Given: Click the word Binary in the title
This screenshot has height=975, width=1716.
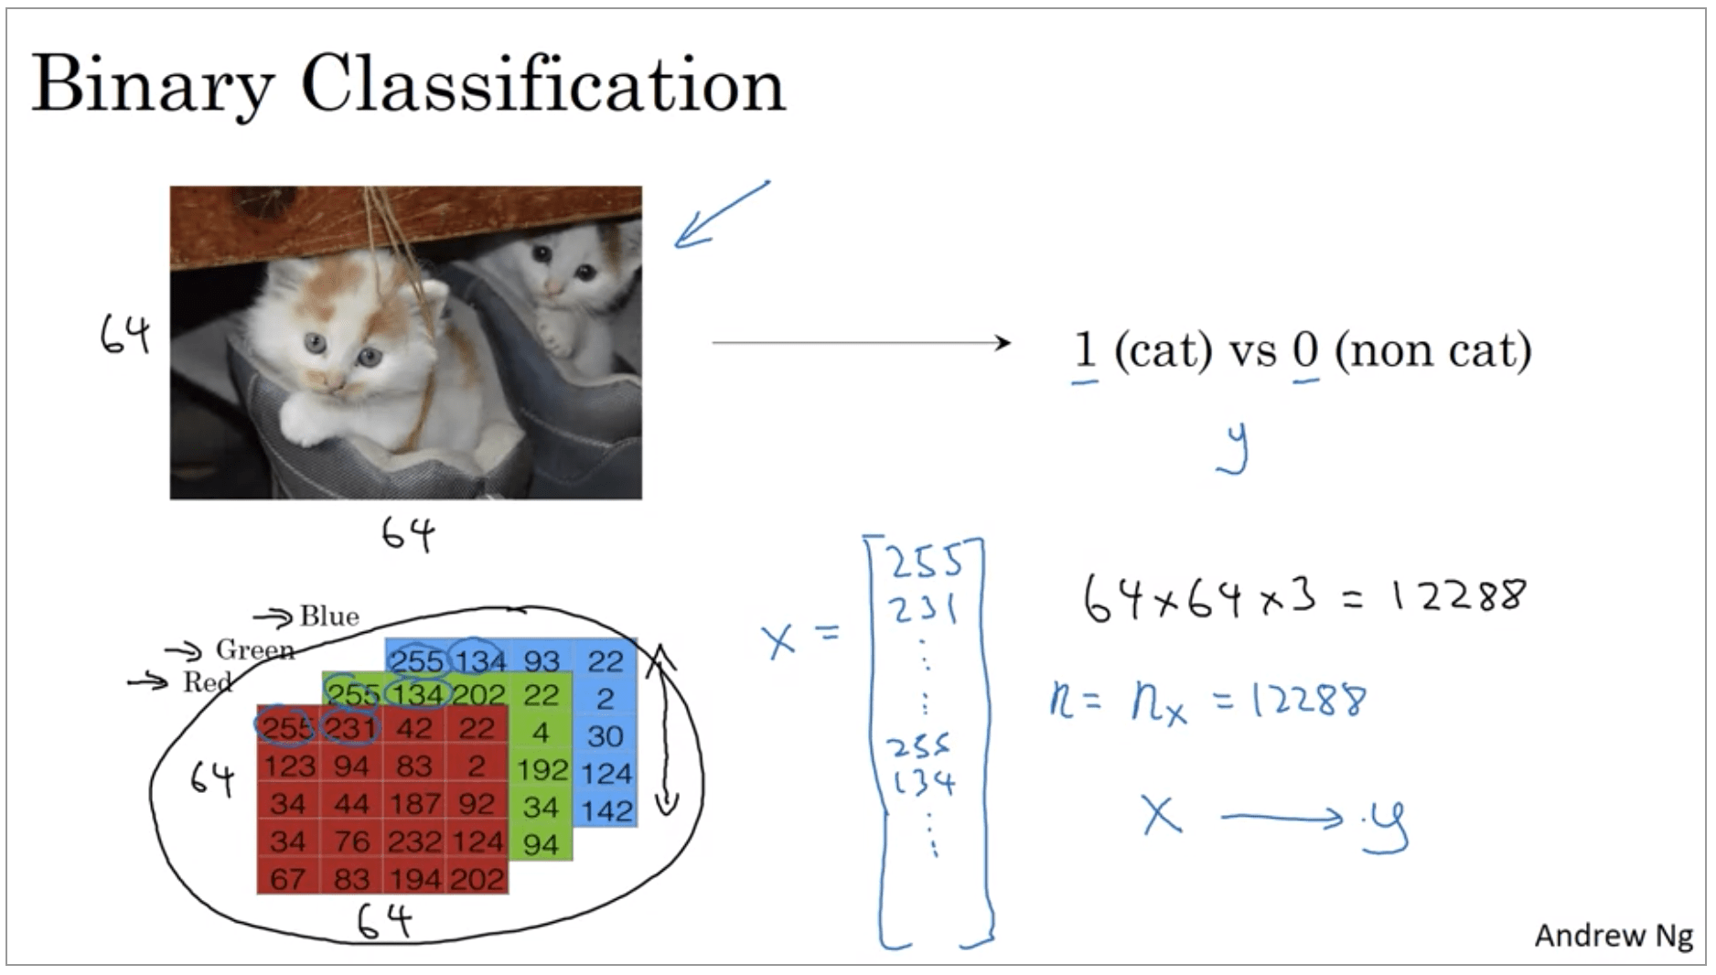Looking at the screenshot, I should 152,85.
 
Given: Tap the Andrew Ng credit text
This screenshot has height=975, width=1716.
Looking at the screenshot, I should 1613,936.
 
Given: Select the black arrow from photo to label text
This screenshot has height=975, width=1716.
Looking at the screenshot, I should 860,343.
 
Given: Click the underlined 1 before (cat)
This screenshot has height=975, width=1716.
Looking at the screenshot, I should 1085,349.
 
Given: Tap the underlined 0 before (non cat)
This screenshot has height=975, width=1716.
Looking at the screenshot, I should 1305,349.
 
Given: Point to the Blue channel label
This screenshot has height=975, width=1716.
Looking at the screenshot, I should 329,616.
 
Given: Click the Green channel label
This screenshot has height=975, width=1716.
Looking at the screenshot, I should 254,649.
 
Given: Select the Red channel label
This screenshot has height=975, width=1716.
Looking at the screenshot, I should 207,682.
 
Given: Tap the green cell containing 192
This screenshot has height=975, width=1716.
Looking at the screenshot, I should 542,770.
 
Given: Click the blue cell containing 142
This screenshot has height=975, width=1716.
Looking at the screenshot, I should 606,810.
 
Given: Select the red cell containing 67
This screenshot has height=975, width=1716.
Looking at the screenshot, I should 287,879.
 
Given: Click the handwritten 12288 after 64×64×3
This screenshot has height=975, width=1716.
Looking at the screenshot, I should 1458,595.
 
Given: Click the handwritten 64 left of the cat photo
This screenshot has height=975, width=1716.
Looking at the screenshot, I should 124,335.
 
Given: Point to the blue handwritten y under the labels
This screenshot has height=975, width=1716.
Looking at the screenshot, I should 1234,448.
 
